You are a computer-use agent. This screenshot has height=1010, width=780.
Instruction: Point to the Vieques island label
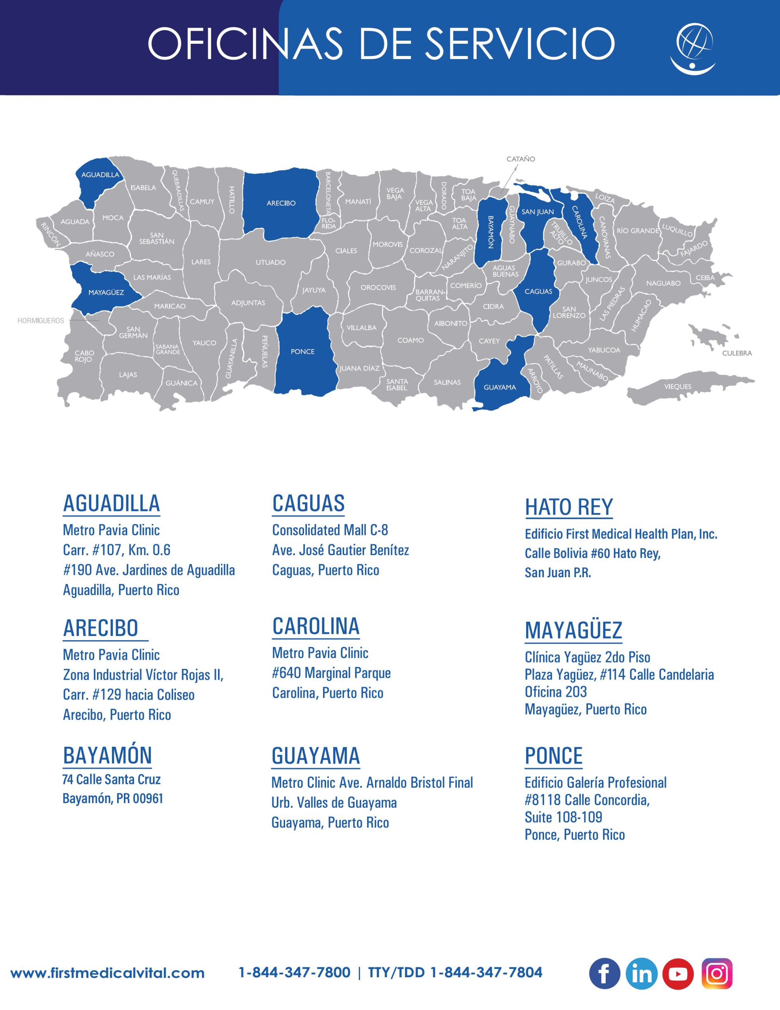[x=678, y=387]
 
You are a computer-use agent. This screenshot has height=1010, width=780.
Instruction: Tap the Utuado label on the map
[x=271, y=263]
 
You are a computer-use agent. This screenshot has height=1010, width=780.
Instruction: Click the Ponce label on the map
[x=302, y=352]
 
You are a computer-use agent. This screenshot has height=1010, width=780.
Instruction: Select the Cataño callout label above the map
[x=521, y=159]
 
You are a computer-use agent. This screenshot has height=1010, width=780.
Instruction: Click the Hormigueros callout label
[x=41, y=320]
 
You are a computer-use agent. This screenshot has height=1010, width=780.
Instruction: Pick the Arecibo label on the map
[x=281, y=203]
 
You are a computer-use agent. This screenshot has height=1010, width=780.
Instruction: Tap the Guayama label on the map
[x=500, y=387]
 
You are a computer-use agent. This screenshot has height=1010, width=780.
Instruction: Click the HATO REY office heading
[x=569, y=507]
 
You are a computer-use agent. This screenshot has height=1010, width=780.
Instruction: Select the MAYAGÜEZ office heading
[x=573, y=630]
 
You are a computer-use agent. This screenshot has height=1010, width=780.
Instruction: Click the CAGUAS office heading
[x=308, y=503]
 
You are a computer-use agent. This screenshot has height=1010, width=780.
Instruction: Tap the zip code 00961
[x=148, y=799]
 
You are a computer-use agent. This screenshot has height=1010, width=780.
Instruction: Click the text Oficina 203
[x=556, y=692]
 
